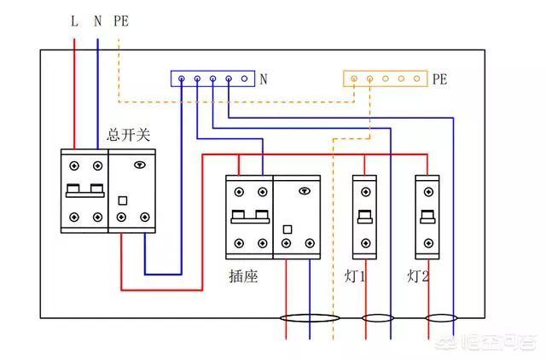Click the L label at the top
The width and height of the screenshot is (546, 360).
pyautogui.click(x=74, y=20)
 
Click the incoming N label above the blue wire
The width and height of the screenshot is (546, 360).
pyautogui.click(x=97, y=20)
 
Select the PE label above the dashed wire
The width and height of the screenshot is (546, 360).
pyautogui.click(x=120, y=20)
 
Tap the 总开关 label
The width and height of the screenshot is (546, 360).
pyautogui.click(x=128, y=135)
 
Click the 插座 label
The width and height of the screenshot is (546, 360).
pyautogui.click(x=243, y=276)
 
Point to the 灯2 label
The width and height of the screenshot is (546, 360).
pyautogui.click(x=418, y=276)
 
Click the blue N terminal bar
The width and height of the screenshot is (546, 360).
pyautogui.click(x=213, y=78)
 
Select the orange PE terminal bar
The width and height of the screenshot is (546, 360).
pyautogui.click(x=385, y=78)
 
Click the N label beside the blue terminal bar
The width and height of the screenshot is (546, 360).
pyautogui.click(x=264, y=79)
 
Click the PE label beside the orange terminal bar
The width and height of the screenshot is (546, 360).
pyautogui.click(x=439, y=79)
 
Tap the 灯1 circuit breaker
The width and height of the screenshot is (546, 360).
pyautogui.click(x=365, y=217)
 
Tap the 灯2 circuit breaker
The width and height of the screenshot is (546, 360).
pyautogui.click(x=427, y=217)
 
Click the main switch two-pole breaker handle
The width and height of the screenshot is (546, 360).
pyautogui.click(x=84, y=189)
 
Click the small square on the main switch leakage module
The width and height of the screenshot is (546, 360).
pyautogui.click(x=122, y=201)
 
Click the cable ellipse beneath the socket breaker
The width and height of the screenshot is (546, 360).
pyautogui.click(x=305, y=319)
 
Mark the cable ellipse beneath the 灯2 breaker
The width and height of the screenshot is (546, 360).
pyautogui.click(x=440, y=319)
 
